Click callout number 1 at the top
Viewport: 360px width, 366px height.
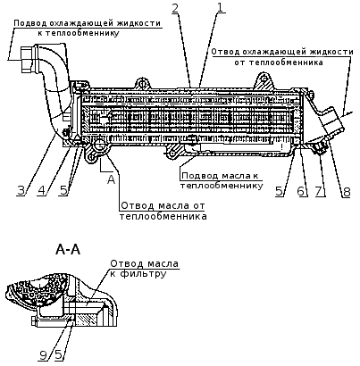[220, 7]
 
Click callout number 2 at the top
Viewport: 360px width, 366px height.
[175, 8]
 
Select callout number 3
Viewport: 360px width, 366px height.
[21, 190]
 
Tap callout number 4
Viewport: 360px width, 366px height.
[42, 190]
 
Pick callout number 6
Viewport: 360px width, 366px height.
[301, 191]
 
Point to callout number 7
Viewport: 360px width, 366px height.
[319, 191]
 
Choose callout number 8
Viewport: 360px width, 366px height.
[347, 192]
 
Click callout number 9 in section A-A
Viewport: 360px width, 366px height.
[44, 355]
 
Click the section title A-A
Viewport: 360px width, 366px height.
[68, 250]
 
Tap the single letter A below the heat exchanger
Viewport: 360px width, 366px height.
[111, 179]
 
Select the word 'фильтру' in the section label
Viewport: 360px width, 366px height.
[143, 273]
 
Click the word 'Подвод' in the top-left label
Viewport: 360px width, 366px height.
[29, 23]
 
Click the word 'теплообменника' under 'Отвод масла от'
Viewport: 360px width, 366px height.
[163, 216]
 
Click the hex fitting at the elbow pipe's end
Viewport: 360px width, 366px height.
[28, 61]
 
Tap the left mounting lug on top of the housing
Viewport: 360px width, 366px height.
[143, 83]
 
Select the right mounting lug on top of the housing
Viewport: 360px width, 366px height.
[264, 80]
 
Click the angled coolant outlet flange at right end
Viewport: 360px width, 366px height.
[333, 121]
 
